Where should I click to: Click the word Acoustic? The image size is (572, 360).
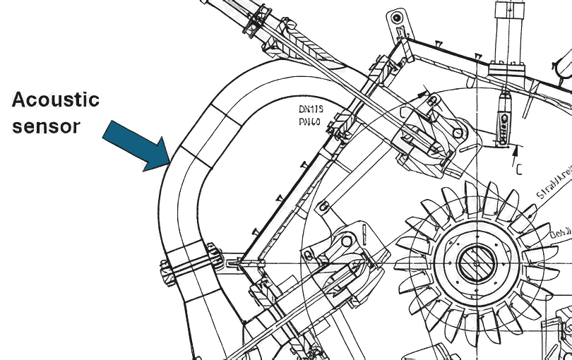pyautogui.click(x=56, y=100)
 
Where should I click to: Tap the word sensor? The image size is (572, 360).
pyautogui.click(x=46, y=127)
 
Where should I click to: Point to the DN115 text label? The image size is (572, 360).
pyautogui.click(x=311, y=109)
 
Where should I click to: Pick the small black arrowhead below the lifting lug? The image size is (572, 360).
pyautogui.click(x=423, y=92)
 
